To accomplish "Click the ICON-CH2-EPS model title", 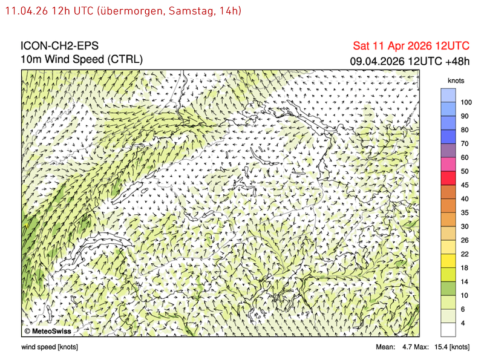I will [x=59, y=46].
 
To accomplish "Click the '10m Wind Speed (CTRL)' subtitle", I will [x=82, y=59].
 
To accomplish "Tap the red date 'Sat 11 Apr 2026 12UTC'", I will [x=411, y=46].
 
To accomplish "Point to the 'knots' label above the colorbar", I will [x=456, y=80].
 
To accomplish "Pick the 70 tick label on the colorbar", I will [x=465, y=143].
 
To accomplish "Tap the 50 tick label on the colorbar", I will [x=465, y=171].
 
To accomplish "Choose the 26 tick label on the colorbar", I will [x=465, y=240].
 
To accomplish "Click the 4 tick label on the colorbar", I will [x=463, y=322].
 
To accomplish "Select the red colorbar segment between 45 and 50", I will [x=448, y=178].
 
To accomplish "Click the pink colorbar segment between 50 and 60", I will [x=448, y=164].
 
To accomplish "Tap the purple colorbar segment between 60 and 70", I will [x=448, y=151].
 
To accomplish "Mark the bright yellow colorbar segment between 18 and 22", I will [x=448, y=260].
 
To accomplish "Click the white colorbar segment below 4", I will [x=448, y=329].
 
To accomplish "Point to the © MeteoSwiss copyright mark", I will [x=47, y=332].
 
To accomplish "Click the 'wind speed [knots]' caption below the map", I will [x=50, y=347].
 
